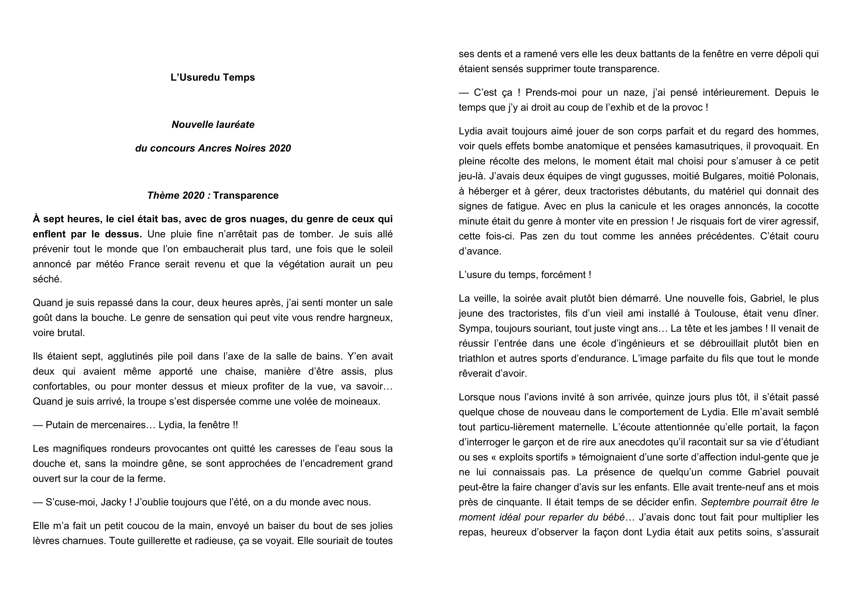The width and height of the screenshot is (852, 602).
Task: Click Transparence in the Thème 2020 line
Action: (x=246, y=195)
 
